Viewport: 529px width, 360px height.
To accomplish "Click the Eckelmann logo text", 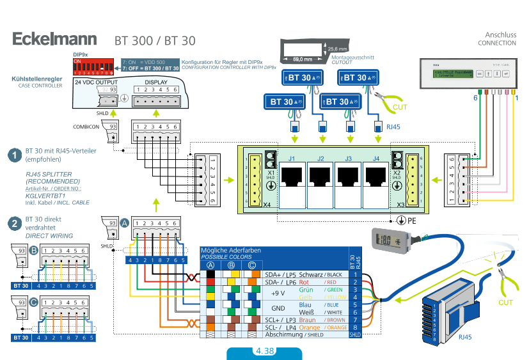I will coord(54,39).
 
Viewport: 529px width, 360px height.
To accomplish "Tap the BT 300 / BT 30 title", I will coord(155,40).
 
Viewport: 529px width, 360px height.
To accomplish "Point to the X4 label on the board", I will coord(266,205).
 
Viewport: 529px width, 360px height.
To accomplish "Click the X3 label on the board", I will coord(400,205).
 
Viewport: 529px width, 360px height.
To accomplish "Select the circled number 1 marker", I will coord(14,155).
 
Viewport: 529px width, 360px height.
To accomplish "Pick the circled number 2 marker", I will coord(14,223).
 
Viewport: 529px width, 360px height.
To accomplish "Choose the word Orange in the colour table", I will coord(310,327).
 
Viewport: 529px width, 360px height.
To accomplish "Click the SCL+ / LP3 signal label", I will coord(280,318).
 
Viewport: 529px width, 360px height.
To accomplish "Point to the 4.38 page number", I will coord(264,351).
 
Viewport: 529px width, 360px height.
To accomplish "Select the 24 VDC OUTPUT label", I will coord(96,82).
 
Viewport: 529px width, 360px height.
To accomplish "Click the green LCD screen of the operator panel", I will coord(451,74).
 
